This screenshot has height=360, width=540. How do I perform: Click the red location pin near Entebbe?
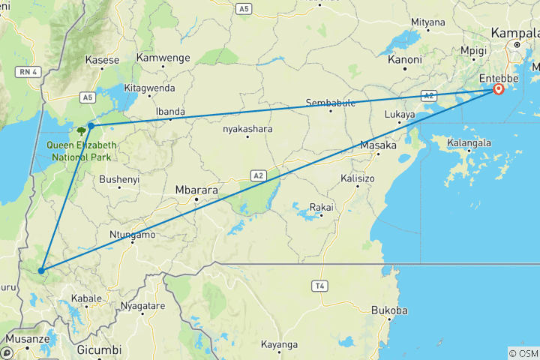[x=498, y=90]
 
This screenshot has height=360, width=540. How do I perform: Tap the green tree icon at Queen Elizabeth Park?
[x=79, y=130]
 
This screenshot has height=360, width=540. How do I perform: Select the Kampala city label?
[x=515, y=34]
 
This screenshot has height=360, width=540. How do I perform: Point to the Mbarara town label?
[x=196, y=190]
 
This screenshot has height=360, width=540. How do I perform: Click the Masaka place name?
[x=378, y=145]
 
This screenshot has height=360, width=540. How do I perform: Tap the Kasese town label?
[x=103, y=60]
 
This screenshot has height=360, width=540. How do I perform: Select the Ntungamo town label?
[x=133, y=235]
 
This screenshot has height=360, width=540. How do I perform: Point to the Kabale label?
[x=86, y=298]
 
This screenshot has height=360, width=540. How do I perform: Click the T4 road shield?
[x=320, y=286]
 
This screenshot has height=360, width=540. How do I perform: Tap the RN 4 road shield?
[x=28, y=70]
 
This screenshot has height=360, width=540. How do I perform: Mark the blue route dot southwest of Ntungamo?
[x=42, y=271]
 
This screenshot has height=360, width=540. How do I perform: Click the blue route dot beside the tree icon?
[x=91, y=125]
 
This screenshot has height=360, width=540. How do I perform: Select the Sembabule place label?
[x=331, y=103]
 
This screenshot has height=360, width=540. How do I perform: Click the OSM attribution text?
[x=523, y=353]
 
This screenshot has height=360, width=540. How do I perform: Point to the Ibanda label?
[x=169, y=112]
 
